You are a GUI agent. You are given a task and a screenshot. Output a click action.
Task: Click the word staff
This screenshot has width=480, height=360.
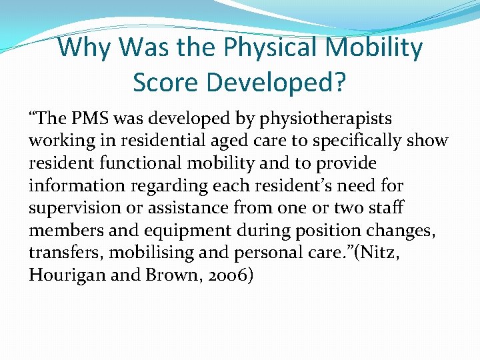click(386, 207)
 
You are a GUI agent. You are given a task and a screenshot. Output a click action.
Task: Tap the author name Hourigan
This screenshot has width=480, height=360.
click(64, 275)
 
